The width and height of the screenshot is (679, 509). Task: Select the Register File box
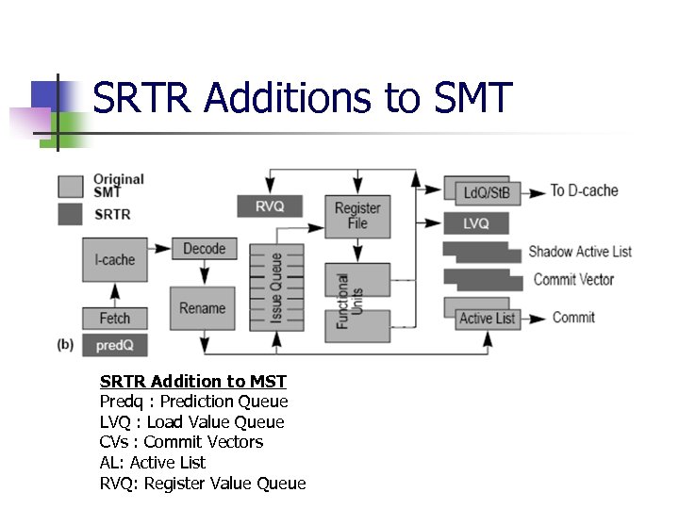357,215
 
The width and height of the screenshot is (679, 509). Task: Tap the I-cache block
115,259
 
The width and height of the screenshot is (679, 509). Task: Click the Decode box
205,249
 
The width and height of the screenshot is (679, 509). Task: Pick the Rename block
202,308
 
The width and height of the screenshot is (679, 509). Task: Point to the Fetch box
115,318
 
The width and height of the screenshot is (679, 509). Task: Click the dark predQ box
115,346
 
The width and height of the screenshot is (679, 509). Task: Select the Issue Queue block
276,288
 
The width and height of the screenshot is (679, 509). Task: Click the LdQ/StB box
487,192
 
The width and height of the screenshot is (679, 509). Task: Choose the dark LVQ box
476,223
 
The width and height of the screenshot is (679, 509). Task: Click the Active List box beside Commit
487,319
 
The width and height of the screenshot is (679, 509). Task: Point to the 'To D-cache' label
585,191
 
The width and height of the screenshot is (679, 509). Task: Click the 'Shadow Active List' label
580,252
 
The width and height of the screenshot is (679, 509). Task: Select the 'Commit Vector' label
573,279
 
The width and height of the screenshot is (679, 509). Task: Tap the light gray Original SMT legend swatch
71,185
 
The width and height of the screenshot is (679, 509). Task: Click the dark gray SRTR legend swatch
71,214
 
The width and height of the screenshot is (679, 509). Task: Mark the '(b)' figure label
65,345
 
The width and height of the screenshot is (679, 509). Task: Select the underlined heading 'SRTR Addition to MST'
193,381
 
